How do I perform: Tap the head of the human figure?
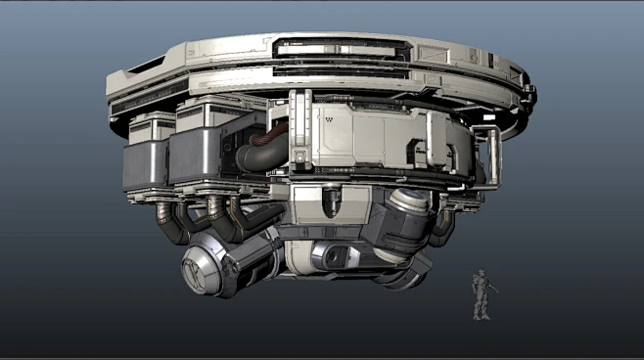pos(482,275)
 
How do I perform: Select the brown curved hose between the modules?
pos(264,148)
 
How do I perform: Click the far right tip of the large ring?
pos(534,94)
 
